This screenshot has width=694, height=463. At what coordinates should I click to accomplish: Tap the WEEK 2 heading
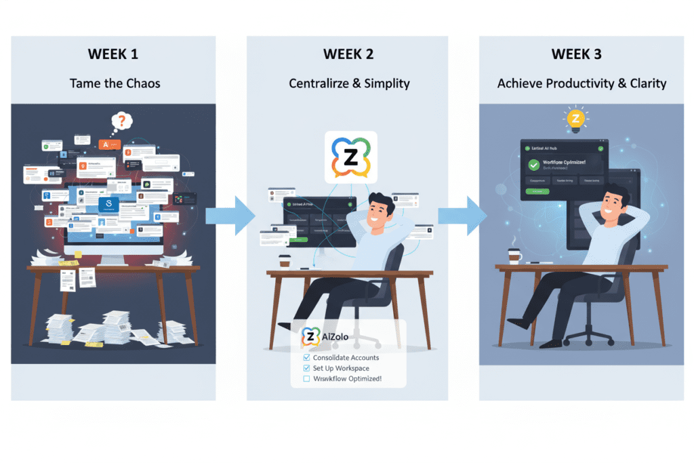coord(350,54)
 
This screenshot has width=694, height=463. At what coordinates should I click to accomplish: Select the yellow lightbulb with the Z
coord(575,119)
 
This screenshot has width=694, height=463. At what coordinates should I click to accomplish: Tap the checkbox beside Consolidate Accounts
coord(307,357)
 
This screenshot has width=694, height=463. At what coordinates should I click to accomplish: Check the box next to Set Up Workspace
coord(307,368)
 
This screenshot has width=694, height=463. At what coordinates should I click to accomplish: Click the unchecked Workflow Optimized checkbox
coord(307,379)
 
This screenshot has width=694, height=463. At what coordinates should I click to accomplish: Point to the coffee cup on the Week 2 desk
coord(285,262)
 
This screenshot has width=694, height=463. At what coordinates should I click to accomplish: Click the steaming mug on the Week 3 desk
coord(515,256)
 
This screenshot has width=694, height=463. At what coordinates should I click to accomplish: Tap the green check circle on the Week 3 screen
coord(534,165)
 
